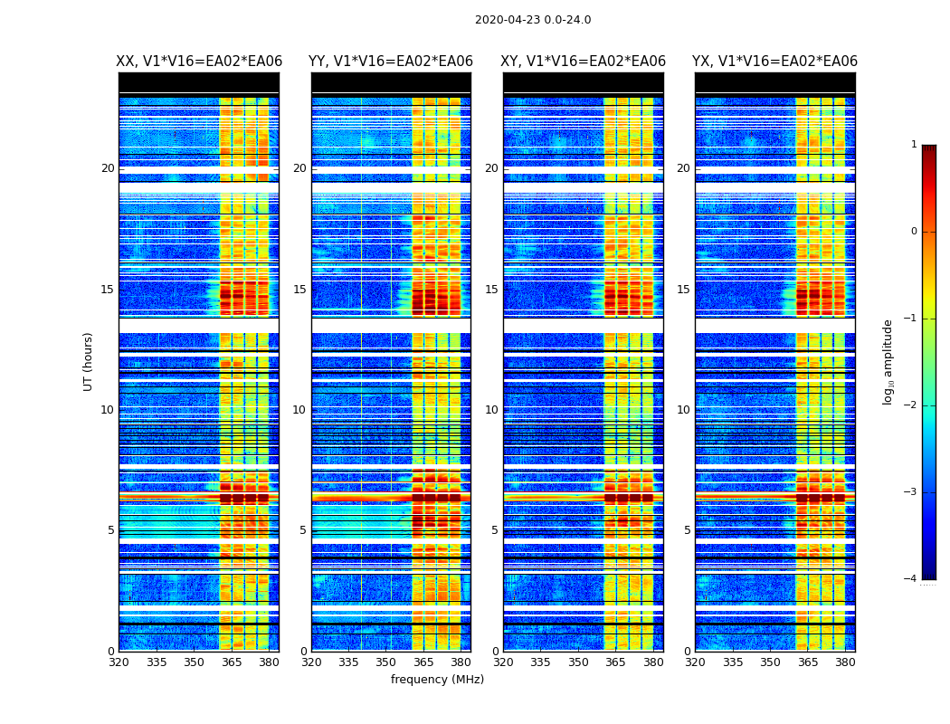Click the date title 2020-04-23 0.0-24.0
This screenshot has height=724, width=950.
tap(533, 20)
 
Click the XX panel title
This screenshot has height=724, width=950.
tap(199, 62)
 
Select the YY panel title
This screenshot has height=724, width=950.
tap(391, 62)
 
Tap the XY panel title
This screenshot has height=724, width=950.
tap(584, 62)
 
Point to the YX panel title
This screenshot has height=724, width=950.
tap(774, 62)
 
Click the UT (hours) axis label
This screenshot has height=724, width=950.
tap(89, 361)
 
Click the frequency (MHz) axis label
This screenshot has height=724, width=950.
tap(437, 680)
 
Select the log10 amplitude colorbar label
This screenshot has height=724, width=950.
tap(888, 361)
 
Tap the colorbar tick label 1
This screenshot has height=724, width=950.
tap(913, 145)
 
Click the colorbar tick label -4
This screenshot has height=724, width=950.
tap(911, 579)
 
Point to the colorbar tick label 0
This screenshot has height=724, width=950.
tap(913, 232)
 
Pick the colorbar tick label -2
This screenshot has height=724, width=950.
tap(911, 405)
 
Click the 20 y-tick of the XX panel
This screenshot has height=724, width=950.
tap(108, 168)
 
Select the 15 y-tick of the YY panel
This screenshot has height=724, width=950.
tap(299, 290)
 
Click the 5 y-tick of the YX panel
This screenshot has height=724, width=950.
tap(687, 530)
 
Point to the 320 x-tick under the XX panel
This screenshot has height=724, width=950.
tap(119, 662)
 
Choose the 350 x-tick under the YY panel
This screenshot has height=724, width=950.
tap(386, 662)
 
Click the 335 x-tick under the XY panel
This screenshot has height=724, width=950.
tap(541, 662)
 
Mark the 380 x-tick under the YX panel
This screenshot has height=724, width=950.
tap(845, 662)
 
